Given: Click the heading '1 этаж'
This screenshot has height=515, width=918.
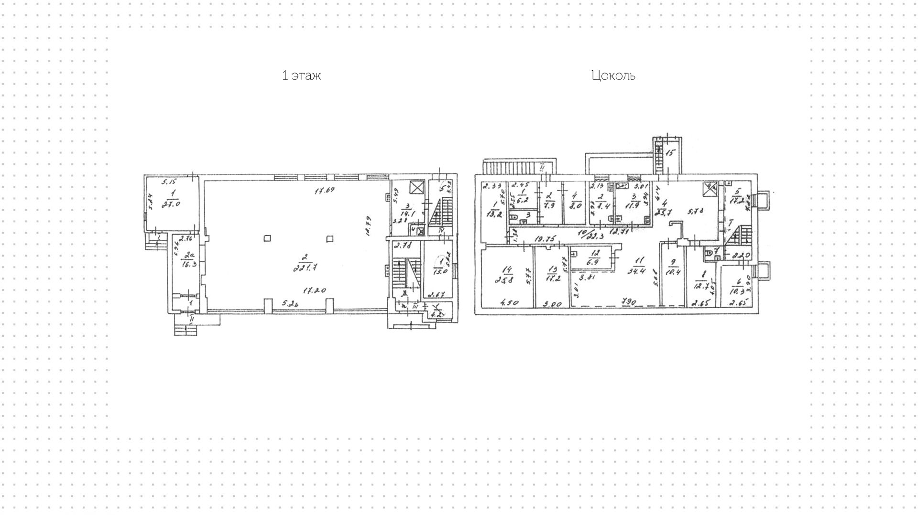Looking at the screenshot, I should (x=301, y=75).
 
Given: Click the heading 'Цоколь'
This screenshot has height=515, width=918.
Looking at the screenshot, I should (x=613, y=75).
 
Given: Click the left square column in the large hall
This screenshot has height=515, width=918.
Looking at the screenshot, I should (x=267, y=238).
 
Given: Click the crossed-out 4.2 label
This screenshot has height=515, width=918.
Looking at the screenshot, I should (x=436, y=314).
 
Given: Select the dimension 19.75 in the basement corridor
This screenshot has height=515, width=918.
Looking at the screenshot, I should (x=544, y=238).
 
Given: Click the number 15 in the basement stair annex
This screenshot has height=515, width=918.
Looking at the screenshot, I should (x=670, y=153).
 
